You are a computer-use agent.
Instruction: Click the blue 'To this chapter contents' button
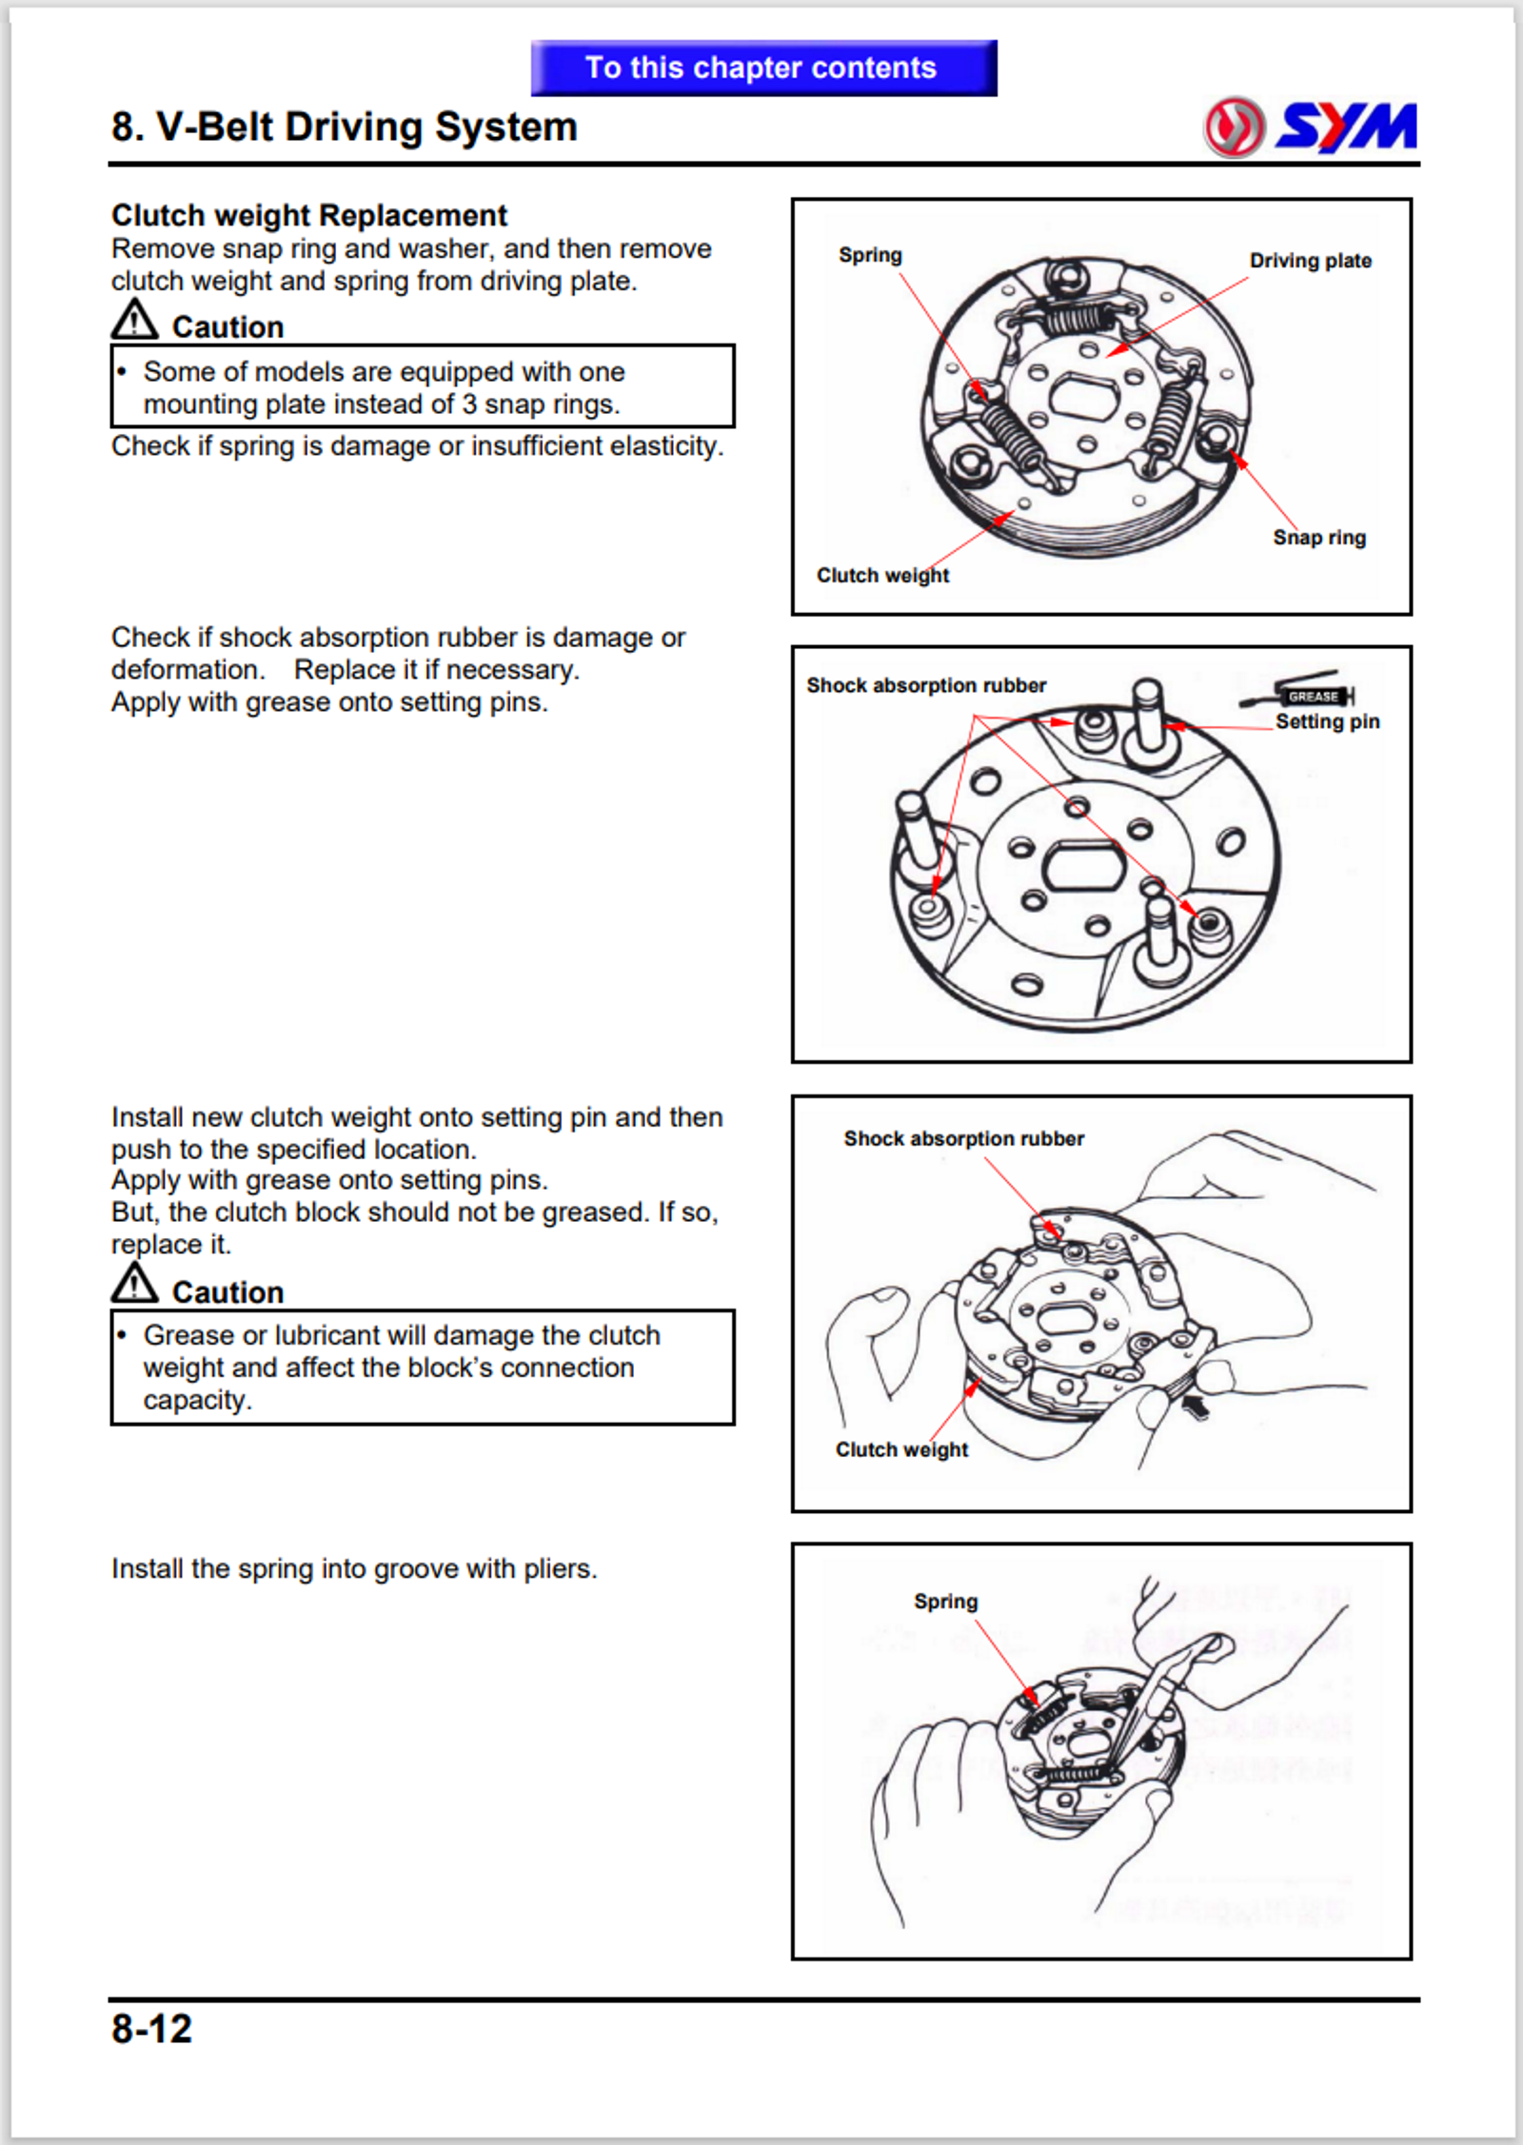tap(763, 68)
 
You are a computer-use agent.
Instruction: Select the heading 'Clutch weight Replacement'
tap(309, 215)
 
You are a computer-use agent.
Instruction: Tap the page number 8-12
tap(151, 2028)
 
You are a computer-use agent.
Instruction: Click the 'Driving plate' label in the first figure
tap(1310, 261)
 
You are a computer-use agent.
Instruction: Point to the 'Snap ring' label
tap(1319, 538)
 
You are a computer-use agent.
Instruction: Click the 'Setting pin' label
tap(1327, 721)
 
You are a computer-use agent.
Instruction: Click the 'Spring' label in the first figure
tap(870, 255)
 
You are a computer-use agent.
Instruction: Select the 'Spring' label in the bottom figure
tap(945, 1602)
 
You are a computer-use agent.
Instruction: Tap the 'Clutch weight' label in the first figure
tap(882, 576)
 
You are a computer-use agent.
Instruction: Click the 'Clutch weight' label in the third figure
tap(901, 1449)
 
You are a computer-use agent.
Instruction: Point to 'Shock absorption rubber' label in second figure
tap(926, 685)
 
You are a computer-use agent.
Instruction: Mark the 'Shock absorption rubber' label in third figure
tap(963, 1138)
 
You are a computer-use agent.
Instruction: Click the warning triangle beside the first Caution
tap(134, 320)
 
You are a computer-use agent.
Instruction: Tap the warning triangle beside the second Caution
tap(134, 1284)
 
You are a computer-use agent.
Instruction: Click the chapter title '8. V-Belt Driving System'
tap(344, 127)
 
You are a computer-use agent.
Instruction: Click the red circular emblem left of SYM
tap(1235, 127)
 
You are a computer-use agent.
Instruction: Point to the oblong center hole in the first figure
tap(1084, 394)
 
